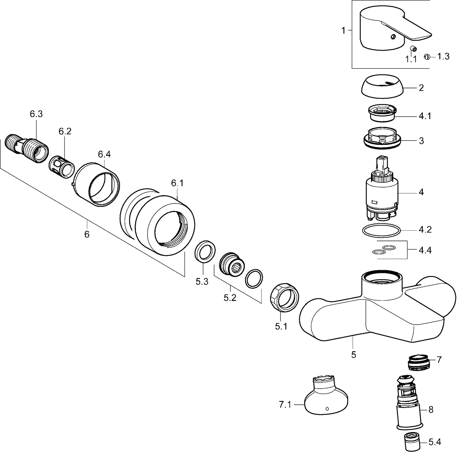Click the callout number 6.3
36,114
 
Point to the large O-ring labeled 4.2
381,231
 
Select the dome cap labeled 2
383,87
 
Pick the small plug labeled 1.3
427,57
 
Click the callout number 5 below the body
353,354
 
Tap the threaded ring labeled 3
382,140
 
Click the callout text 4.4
425,250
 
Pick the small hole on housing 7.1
327,408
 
